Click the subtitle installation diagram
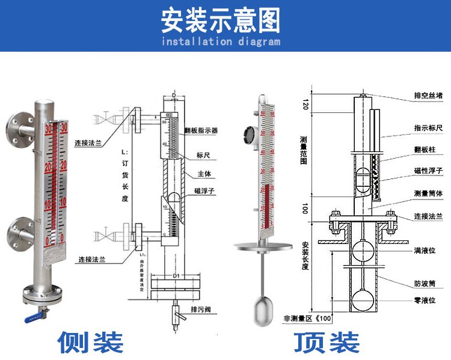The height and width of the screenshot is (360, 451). coord(221,42)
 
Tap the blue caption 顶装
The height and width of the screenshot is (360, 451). coord(327,341)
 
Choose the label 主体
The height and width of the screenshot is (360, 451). coord(203,174)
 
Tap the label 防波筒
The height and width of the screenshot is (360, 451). coord(424,283)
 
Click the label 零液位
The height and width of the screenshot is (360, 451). coord(424,300)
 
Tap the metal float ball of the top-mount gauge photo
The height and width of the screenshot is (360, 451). coord(262,308)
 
